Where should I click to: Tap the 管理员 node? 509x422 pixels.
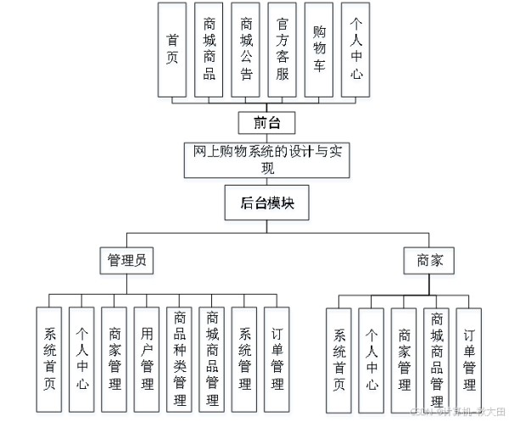pos(127,260)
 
